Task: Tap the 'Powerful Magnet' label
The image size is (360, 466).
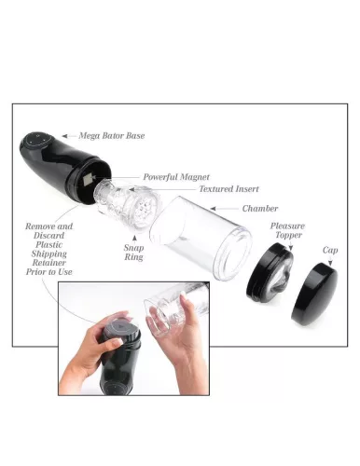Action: (176, 177)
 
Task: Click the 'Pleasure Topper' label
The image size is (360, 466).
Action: (287, 231)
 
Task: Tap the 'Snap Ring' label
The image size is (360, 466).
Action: (134, 254)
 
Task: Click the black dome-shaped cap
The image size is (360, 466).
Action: (315, 292)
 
